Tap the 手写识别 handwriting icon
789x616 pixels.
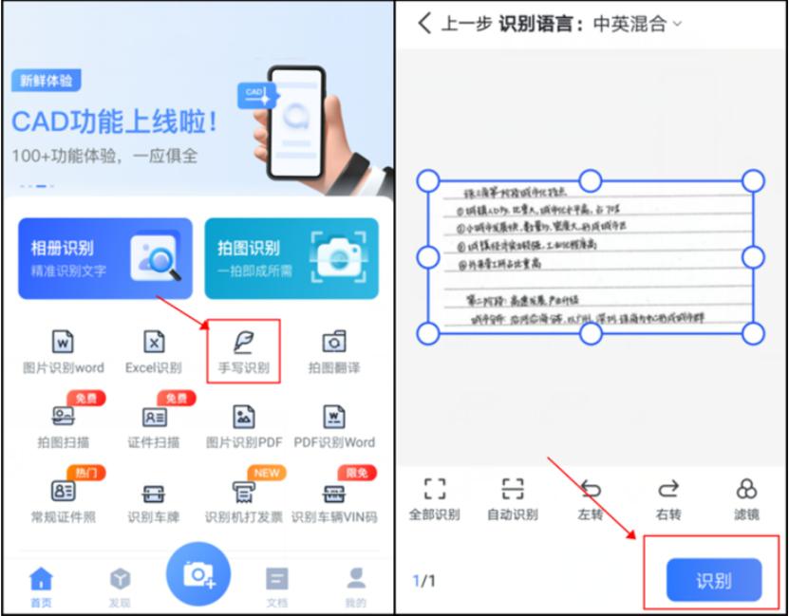(x=243, y=343)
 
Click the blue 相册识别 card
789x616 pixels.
(x=104, y=258)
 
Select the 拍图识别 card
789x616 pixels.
(x=291, y=258)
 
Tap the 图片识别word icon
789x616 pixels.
(x=63, y=343)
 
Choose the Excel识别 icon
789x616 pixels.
(x=154, y=343)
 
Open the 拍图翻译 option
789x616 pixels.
(x=334, y=343)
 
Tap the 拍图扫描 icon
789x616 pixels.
(x=63, y=417)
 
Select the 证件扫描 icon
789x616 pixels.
(x=154, y=417)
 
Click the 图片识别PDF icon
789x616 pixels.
(x=244, y=417)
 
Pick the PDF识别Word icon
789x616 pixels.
(x=334, y=417)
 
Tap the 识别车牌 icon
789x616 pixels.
(x=154, y=493)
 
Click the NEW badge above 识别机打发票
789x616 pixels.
(x=266, y=473)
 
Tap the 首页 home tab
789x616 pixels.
(x=41, y=586)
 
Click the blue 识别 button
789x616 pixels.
(x=714, y=580)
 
